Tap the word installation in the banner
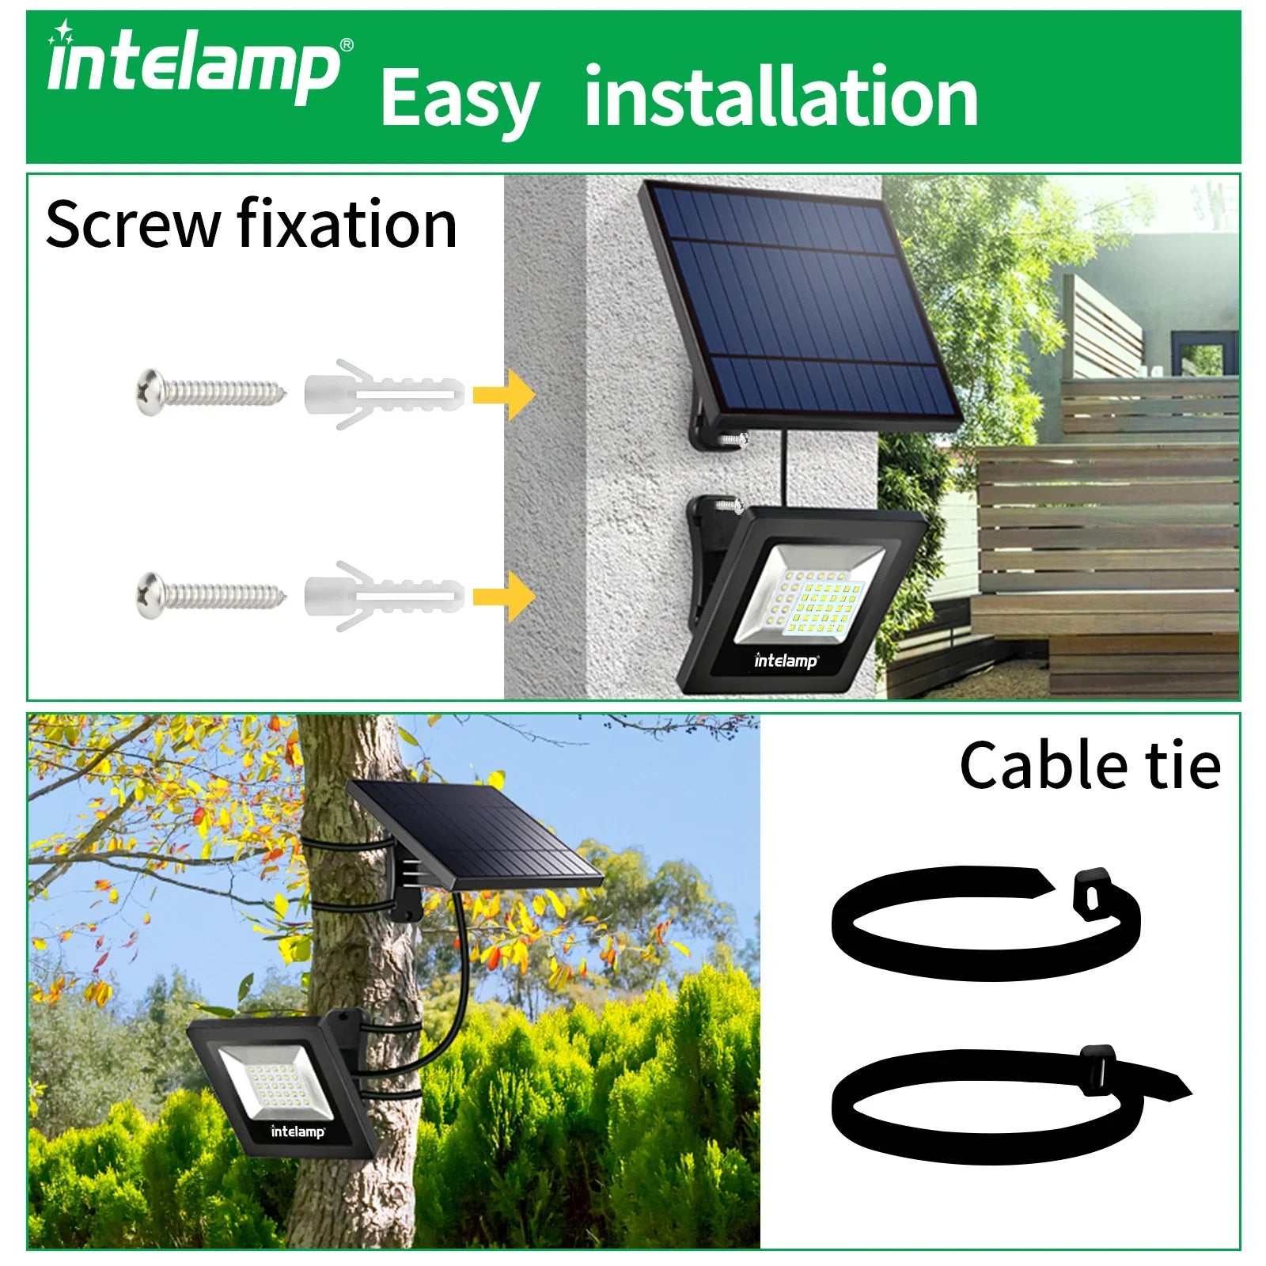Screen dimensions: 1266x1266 (781, 97)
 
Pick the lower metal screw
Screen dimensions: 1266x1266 (210, 593)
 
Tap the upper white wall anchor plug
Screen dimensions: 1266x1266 (384, 393)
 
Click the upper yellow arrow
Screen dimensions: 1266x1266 (504, 394)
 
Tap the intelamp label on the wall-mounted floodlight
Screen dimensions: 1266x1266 (786, 661)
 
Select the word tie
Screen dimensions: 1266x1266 (1184, 766)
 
